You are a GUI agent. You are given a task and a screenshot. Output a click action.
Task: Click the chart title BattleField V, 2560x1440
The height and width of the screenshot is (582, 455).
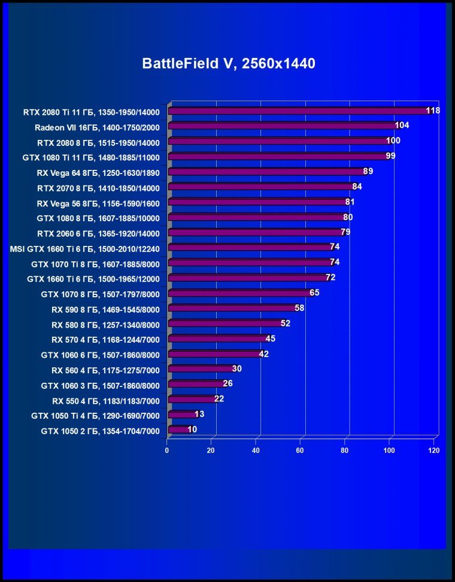coord(228,63)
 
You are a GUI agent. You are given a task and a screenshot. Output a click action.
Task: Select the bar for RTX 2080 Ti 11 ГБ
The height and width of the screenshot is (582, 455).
coord(299,111)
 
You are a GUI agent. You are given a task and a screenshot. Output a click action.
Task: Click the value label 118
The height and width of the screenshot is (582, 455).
coord(433,111)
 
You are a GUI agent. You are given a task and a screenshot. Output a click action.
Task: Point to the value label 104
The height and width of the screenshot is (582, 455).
coord(402,126)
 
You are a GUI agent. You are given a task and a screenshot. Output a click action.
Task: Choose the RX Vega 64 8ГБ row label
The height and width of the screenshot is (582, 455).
coord(98,172)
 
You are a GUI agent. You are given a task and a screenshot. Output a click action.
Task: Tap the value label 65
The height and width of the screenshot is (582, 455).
coord(314,293)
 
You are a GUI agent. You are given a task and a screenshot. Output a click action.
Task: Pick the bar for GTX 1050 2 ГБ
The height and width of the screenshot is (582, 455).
coord(178,429)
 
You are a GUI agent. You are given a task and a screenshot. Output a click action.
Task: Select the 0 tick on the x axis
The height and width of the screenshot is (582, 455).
coord(168,451)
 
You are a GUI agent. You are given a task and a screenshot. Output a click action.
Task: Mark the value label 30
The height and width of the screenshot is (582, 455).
coord(236,368)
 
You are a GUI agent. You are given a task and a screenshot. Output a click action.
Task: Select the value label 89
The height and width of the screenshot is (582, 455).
coord(368,171)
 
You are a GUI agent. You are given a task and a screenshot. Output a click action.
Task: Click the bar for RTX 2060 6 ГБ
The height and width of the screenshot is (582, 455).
coord(254,232)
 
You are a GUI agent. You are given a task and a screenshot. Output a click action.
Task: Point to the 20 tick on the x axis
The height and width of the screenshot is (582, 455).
coord(211,451)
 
